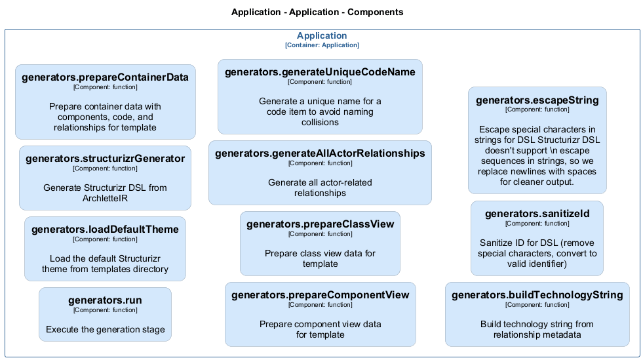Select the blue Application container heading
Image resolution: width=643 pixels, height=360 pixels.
click(x=322, y=36)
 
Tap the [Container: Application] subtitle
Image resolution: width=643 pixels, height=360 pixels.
click(x=322, y=45)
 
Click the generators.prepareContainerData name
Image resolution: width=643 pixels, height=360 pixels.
click(x=105, y=77)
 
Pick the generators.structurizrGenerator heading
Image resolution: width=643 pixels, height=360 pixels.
click(x=105, y=159)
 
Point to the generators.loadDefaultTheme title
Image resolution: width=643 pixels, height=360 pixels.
click(x=105, y=230)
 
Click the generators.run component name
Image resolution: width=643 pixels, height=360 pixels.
click(x=105, y=300)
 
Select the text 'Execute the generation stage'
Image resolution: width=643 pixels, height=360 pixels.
click(x=105, y=329)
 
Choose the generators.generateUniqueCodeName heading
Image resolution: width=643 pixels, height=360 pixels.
click(x=320, y=72)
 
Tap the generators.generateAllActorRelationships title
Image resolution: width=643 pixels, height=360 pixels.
click(x=320, y=153)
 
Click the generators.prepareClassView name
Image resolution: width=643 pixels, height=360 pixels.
click(x=320, y=224)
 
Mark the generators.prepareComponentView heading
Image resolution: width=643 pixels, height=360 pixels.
click(x=320, y=295)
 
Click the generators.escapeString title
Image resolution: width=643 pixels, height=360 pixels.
click(x=537, y=100)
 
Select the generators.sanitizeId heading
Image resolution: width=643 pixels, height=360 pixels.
click(x=537, y=214)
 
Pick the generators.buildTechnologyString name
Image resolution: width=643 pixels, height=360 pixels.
click(x=537, y=295)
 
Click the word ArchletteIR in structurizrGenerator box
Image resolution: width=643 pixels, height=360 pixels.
click(x=105, y=198)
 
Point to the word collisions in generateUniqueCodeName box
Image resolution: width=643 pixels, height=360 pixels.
click(x=320, y=122)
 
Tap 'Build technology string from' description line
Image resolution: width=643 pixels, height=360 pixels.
click(x=537, y=324)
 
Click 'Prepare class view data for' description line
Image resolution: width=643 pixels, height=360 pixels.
click(x=320, y=253)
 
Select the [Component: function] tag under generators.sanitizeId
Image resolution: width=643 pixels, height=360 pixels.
click(x=537, y=224)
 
